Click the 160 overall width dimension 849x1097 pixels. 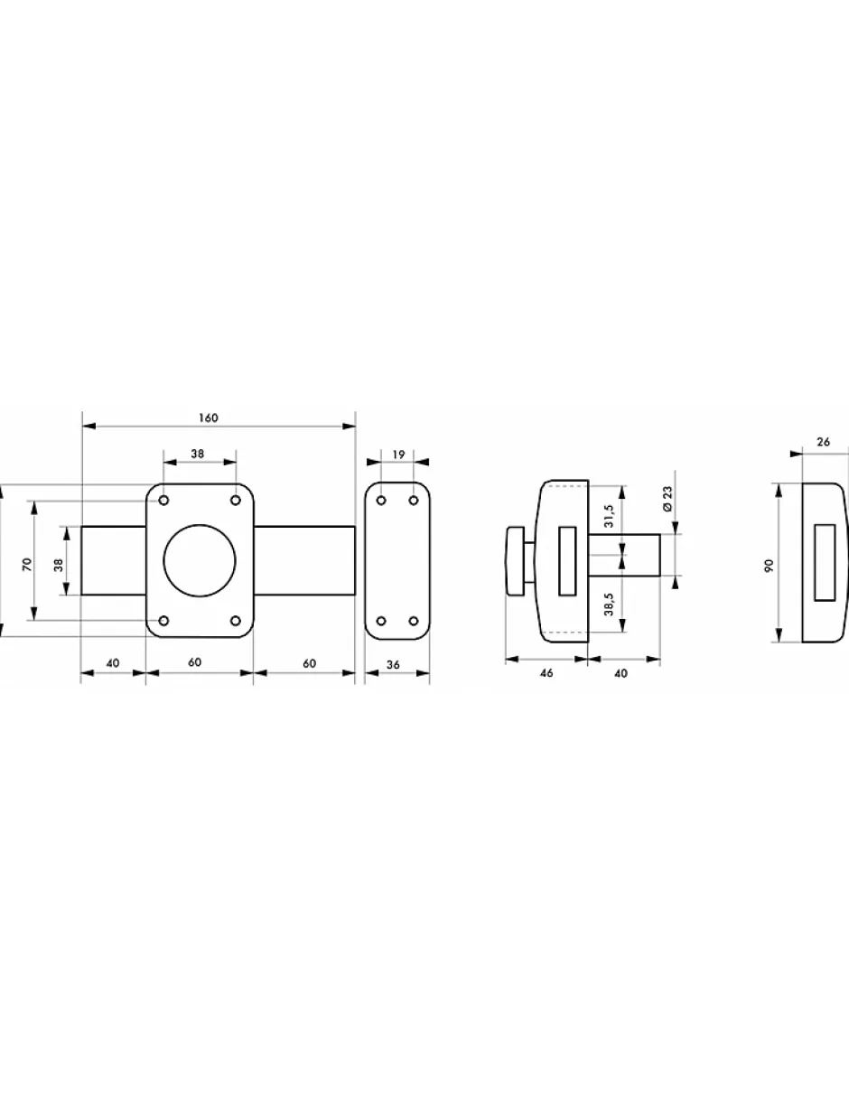click(209, 418)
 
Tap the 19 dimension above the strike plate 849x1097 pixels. click(398, 455)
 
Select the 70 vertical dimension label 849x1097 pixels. click(27, 564)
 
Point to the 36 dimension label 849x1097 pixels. click(393, 665)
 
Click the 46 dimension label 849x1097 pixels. click(546, 673)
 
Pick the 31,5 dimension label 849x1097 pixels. click(609, 515)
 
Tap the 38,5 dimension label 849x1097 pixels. click(609, 604)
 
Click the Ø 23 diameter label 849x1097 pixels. click(667, 499)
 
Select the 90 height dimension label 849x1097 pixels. click(770, 566)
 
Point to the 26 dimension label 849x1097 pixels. click(823, 442)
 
